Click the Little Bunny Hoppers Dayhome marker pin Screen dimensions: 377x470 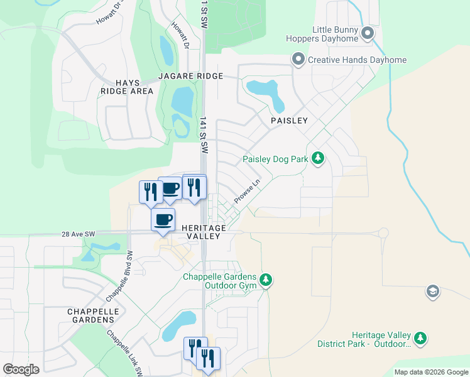click(368, 33)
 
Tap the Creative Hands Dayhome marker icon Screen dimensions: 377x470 click(298, 60)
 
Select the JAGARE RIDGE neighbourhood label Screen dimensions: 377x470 click(191, 76)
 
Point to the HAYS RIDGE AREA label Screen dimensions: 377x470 click(126, 87)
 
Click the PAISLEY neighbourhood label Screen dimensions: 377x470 click(289, 120)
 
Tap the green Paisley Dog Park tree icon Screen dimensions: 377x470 click(318, 159)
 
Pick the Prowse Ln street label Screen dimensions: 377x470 click(247, 192)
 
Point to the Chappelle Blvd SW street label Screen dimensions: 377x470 click(120, 275)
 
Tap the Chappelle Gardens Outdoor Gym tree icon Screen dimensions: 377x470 click(266, 280)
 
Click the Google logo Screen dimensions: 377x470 click(21, 369)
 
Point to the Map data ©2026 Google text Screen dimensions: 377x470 click(430, 372)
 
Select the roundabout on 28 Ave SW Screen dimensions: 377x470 click(383, 233)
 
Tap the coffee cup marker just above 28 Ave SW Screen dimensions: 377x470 click(163, 220)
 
